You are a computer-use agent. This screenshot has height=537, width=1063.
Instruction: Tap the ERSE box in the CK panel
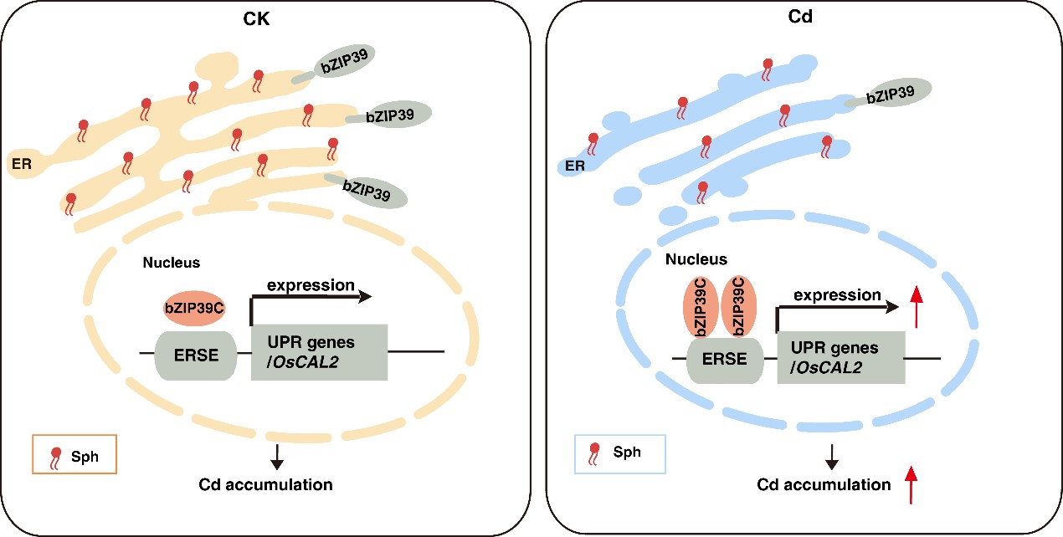click(198, 355)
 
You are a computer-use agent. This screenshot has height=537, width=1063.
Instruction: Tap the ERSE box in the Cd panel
click(726, 359)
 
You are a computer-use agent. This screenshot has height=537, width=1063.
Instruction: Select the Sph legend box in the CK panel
click(73, 455)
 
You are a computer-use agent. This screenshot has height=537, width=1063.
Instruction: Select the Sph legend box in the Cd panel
click(619, 453)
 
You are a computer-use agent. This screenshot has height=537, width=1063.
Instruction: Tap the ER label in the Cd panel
click(574, 166)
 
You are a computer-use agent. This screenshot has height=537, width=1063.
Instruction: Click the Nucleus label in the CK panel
click(172, 263)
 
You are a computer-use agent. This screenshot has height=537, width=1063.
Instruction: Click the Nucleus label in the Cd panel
click(696, 259)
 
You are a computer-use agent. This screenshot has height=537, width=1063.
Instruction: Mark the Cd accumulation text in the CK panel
click(265, 484)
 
